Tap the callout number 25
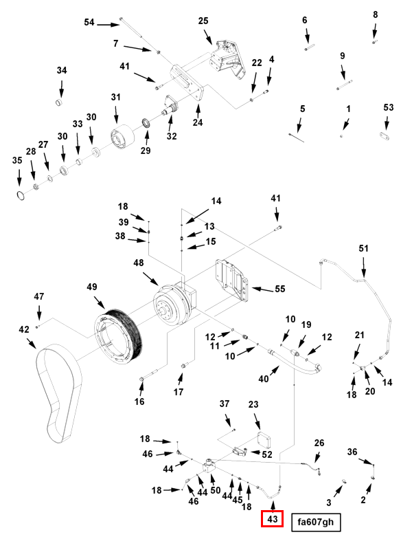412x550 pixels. pos(203,21)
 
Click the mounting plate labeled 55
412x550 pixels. pos(231,280)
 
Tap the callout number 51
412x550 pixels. pos(364,248)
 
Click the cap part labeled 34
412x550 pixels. pos(60,103)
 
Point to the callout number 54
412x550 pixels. pos(89,23)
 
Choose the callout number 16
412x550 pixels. pos(139,401)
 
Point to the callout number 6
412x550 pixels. pos(305,20)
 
